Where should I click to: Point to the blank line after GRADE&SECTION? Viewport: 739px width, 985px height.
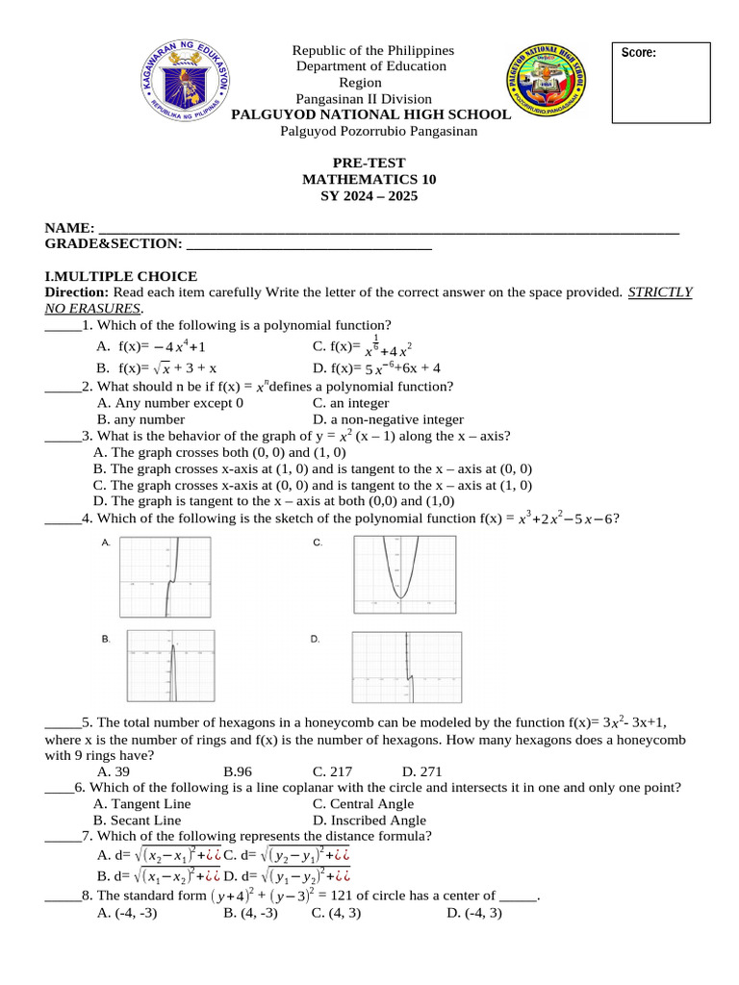tap(308, 247)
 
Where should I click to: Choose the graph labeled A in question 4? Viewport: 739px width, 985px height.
tap(171, 577)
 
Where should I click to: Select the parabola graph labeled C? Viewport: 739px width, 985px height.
tap(404, 573)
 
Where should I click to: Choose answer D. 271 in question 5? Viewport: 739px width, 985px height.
tap(421, 771)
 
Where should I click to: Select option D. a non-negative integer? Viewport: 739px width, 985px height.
tap(388, 419)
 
